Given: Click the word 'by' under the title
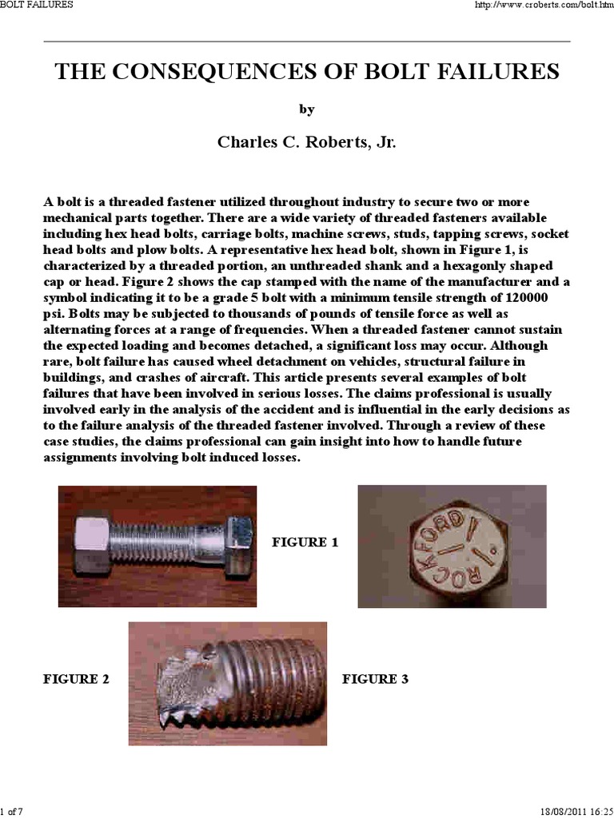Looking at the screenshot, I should [x=306, y=109].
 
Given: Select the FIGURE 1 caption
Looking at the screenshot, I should [x=305, y=542].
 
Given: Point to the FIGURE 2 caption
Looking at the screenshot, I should [x=76, y=679].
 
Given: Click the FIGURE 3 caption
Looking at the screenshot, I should [x=375, y=679].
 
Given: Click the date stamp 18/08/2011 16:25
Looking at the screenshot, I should [x=572, y=812].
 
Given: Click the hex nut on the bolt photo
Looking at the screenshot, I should [x=98, y=545].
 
